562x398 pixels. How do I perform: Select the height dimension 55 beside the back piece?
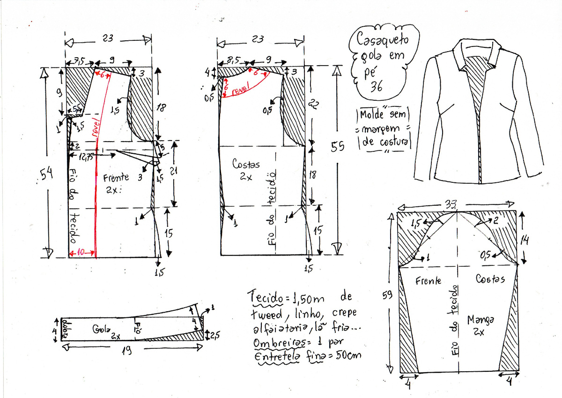pyautogui.click(x=337, y=146)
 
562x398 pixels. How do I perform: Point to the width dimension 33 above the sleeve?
pyautogui.click(x=452, y=204)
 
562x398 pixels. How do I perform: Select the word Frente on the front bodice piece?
pyautogui.click(x=116, y=178)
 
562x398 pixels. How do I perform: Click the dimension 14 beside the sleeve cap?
pyautogui.click(x=526, y=240)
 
